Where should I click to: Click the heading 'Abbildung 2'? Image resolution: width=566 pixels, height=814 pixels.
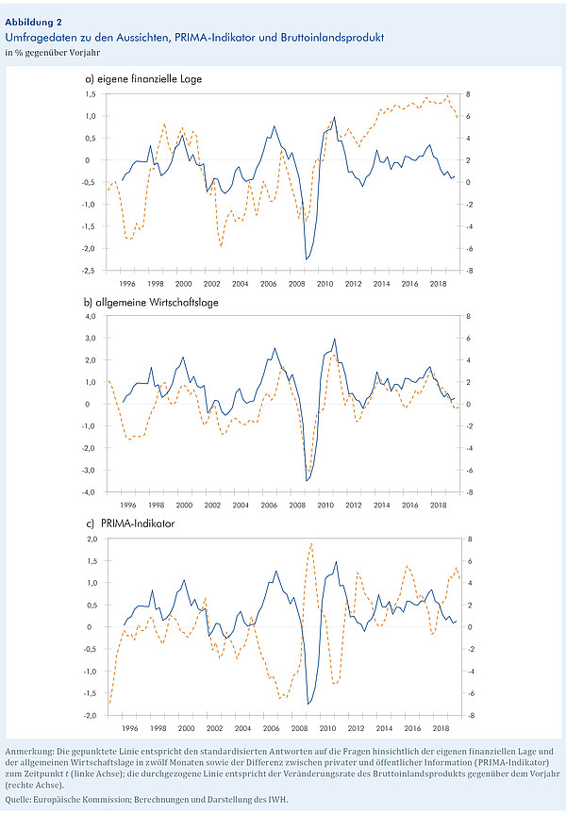[34, 23]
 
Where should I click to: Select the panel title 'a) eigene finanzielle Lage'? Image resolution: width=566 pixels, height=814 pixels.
[143, 79]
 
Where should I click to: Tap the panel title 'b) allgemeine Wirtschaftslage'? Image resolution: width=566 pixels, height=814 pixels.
[151, 302]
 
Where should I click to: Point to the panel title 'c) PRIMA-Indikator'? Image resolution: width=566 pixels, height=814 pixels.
[130, 523]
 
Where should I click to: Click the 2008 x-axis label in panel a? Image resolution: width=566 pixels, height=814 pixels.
[297, 284]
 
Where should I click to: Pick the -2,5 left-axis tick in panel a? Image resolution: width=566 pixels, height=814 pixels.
[90, 271]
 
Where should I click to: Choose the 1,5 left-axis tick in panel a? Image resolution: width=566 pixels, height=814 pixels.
[91, 94]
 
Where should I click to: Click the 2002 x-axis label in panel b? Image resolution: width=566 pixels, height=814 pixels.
[212, 505]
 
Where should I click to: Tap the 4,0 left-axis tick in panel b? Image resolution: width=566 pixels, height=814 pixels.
[91, 316]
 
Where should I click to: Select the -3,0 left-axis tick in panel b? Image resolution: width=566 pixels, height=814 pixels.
[90, 470]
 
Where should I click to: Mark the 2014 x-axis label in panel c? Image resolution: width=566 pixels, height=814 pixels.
[384, 728]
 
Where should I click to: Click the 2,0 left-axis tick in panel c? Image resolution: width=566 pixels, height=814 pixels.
[92, 539]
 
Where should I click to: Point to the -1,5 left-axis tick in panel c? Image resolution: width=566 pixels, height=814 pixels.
[91, 693]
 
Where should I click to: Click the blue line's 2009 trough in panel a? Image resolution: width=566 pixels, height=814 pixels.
[307, 258]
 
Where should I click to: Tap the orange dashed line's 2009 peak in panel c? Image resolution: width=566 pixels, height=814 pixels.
[311, 543]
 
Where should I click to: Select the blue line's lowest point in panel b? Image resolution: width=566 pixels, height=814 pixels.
[307, 481]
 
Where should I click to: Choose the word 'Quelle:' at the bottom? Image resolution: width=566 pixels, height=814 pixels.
[18, 800]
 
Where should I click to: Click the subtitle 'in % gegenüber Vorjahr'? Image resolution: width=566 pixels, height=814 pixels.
[53, 53]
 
